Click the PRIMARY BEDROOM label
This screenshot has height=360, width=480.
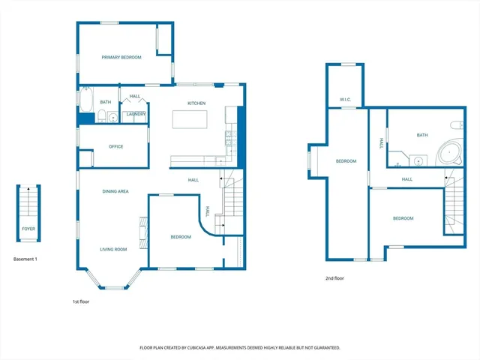click(x=121, y=57)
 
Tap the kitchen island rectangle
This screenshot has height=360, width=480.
click(x=190, y=120)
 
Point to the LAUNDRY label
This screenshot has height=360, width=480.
click(x=136, y=114)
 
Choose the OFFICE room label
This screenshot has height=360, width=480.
click(x=115, y=146)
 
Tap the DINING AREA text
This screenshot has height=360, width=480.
click(x=115, y=191)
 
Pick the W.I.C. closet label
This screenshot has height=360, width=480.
click(x=345, y=99)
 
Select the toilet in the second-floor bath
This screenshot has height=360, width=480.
click(x=457, y=124)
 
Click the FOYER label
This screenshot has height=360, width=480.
click(x=28, y=228)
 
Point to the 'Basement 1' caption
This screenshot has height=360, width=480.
click(x=25, y=259)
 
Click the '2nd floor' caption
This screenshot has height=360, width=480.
click(x=334, y=278)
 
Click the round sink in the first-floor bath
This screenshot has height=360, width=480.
click(x=112, y=116)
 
